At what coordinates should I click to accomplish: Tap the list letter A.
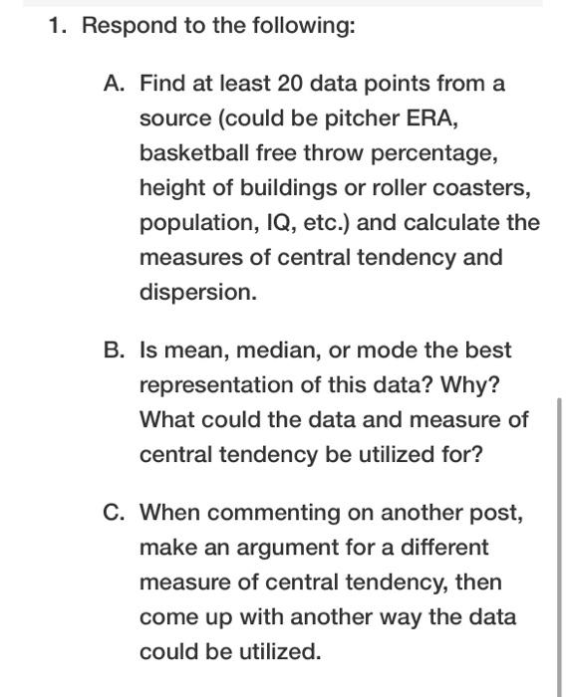click(x=114, y=84)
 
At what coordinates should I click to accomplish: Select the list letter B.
click(x=114, y=350)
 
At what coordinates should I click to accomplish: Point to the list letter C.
click(x=114, y=513)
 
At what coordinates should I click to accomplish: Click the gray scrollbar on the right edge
click(x=560, y=538)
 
